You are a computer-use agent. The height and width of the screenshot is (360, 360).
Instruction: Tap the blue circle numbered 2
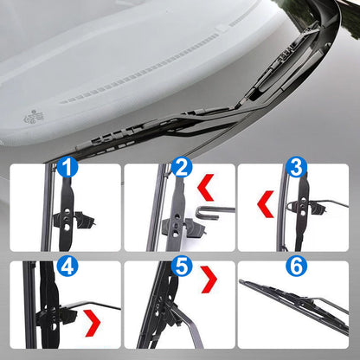coord(182,169)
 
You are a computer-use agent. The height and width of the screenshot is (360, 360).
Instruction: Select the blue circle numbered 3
coord(296,167)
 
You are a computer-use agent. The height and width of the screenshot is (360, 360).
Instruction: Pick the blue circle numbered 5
coord(180,265)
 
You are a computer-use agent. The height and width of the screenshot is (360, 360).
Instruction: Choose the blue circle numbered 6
coord(296,266)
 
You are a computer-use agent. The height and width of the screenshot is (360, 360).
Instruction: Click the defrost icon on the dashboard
coord(35,114)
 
